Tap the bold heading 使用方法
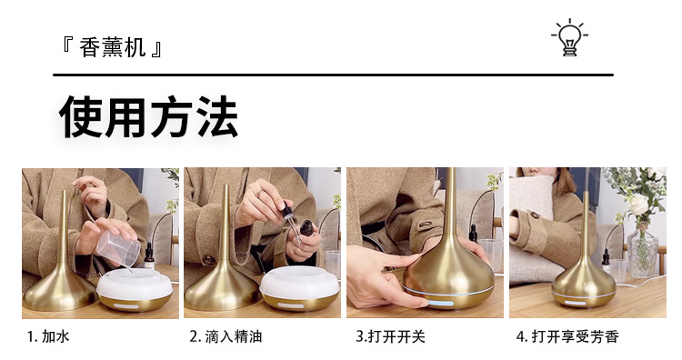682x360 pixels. point(149,116)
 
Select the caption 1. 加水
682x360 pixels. point(48,336)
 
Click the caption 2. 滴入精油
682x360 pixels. point(226,336)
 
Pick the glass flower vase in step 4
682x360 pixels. point(641,249)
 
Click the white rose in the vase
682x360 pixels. point(639,204)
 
